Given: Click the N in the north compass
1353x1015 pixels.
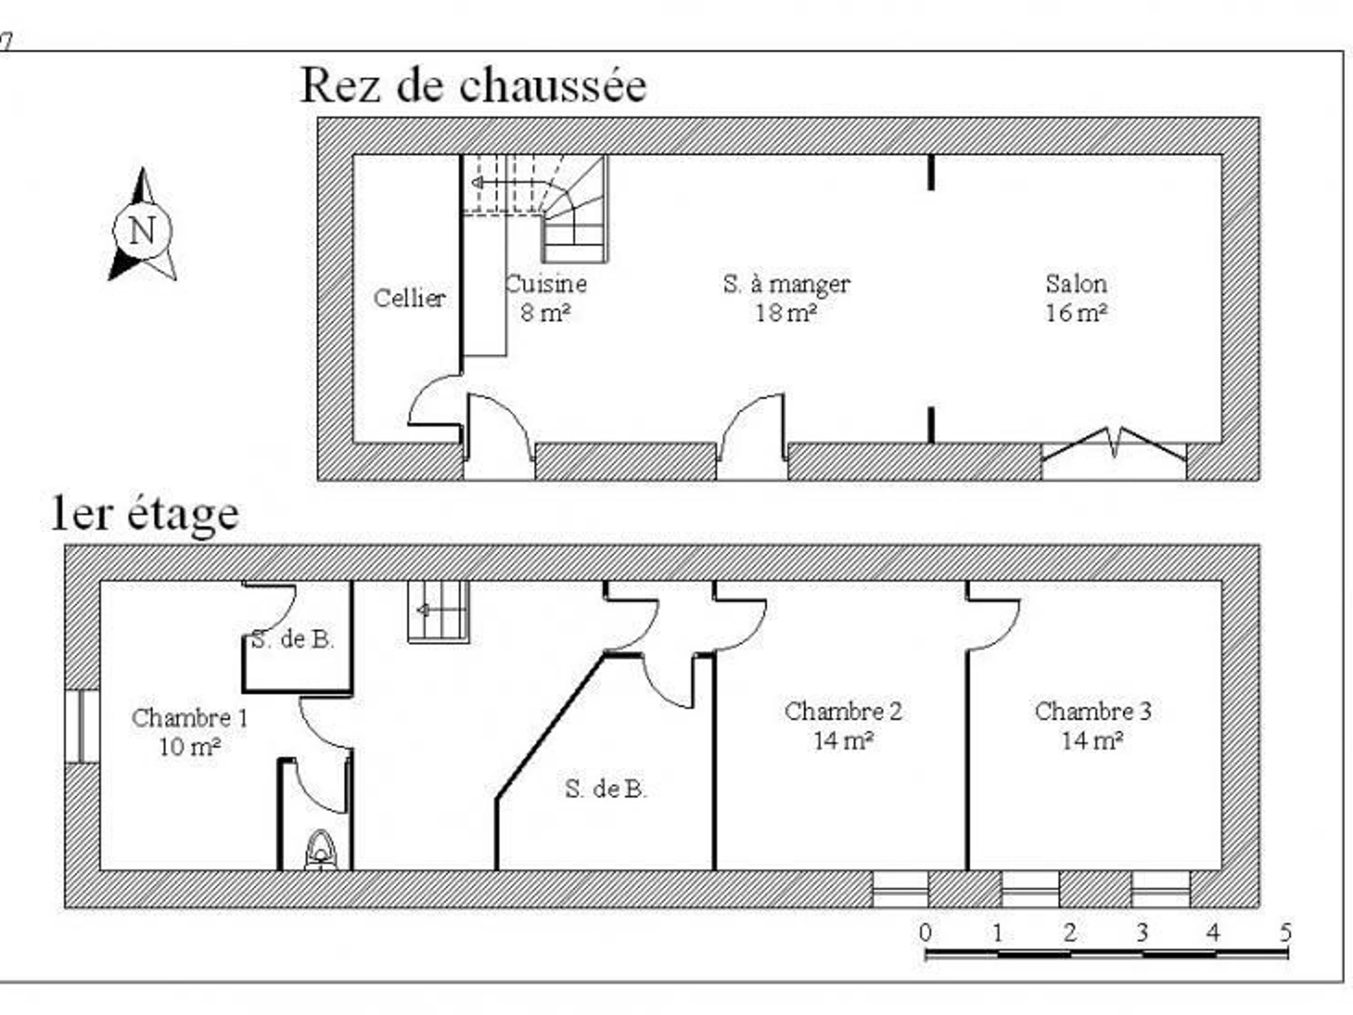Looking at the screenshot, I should (x=142, y=231).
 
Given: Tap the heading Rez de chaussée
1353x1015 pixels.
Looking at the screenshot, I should (x=473, y=86).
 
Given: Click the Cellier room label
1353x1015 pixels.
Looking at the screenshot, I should (x=409, y=298).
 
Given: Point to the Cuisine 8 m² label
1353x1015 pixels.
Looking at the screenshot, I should (x=546, y=298).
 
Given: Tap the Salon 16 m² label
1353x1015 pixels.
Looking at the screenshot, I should (x=1076, y=298).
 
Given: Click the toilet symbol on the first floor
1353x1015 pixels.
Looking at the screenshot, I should (x=321, y=850).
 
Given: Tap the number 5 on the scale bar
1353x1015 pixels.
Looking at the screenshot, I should (x=1285, y=933).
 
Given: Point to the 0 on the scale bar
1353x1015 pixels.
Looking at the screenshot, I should (x=926, y=933).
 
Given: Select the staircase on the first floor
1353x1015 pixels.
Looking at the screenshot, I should (x=439, y=611).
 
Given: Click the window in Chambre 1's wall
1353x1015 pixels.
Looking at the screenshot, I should (x=82, y=726).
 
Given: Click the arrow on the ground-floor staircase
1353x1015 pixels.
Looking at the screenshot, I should (x=477, y=182).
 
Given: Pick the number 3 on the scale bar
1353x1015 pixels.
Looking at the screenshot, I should (x=1142, y=933).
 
